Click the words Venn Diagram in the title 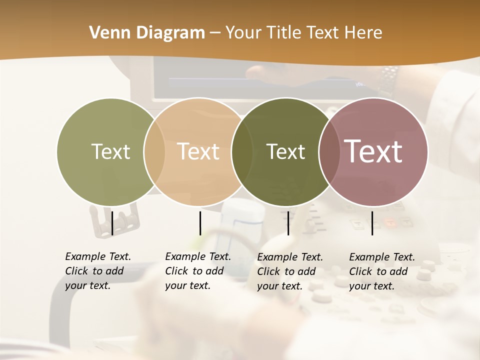pos(147,33)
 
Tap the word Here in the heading pos(363,33)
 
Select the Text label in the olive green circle pos(110,151)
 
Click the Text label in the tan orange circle pos(198,151)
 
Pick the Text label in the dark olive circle pos(285,151)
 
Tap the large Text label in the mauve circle pos(373,151)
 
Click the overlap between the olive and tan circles pos(154,151)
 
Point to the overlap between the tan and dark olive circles pos(242,151)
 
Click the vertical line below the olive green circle pos(112,223)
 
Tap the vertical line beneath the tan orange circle pos(200,223)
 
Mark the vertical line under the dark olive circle pos(288,223)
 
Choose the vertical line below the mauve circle pos(372,223)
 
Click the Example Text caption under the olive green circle pos(98,271)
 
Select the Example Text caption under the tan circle pos(198,271)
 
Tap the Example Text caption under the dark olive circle pos(290,271)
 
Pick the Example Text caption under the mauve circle pos(382,271)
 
